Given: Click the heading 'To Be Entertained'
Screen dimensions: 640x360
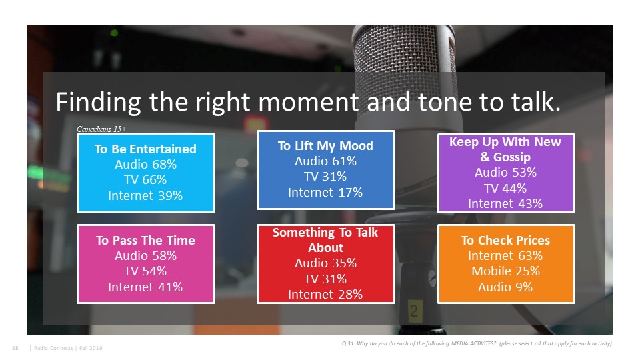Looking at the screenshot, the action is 145,149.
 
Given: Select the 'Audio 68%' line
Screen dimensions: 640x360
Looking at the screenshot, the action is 145,165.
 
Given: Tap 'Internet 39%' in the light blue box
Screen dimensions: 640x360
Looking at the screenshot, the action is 145,196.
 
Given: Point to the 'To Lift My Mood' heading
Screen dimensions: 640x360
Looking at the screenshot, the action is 325,146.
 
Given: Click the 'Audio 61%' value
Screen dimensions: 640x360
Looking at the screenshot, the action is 325,161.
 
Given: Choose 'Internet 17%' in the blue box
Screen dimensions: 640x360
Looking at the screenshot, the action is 325,193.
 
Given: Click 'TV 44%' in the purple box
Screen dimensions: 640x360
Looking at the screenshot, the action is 505,189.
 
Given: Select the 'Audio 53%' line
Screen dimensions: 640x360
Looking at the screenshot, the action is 505,173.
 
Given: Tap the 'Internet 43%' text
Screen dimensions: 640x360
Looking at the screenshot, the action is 505,204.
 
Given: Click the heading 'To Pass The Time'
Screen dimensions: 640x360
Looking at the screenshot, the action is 145,241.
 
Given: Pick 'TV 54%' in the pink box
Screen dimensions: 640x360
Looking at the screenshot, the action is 145,271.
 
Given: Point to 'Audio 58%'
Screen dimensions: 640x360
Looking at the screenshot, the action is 145,256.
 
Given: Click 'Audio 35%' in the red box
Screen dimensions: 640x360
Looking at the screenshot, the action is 325,263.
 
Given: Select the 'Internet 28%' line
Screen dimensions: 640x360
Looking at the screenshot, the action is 325,295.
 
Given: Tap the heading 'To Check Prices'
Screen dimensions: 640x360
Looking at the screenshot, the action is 505,241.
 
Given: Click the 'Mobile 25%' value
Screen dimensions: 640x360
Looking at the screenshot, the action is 505,271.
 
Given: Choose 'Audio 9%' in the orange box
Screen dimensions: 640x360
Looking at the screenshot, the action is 505,287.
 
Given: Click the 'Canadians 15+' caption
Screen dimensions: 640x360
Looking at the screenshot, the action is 101,129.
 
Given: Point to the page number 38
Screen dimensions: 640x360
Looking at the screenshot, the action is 15,348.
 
